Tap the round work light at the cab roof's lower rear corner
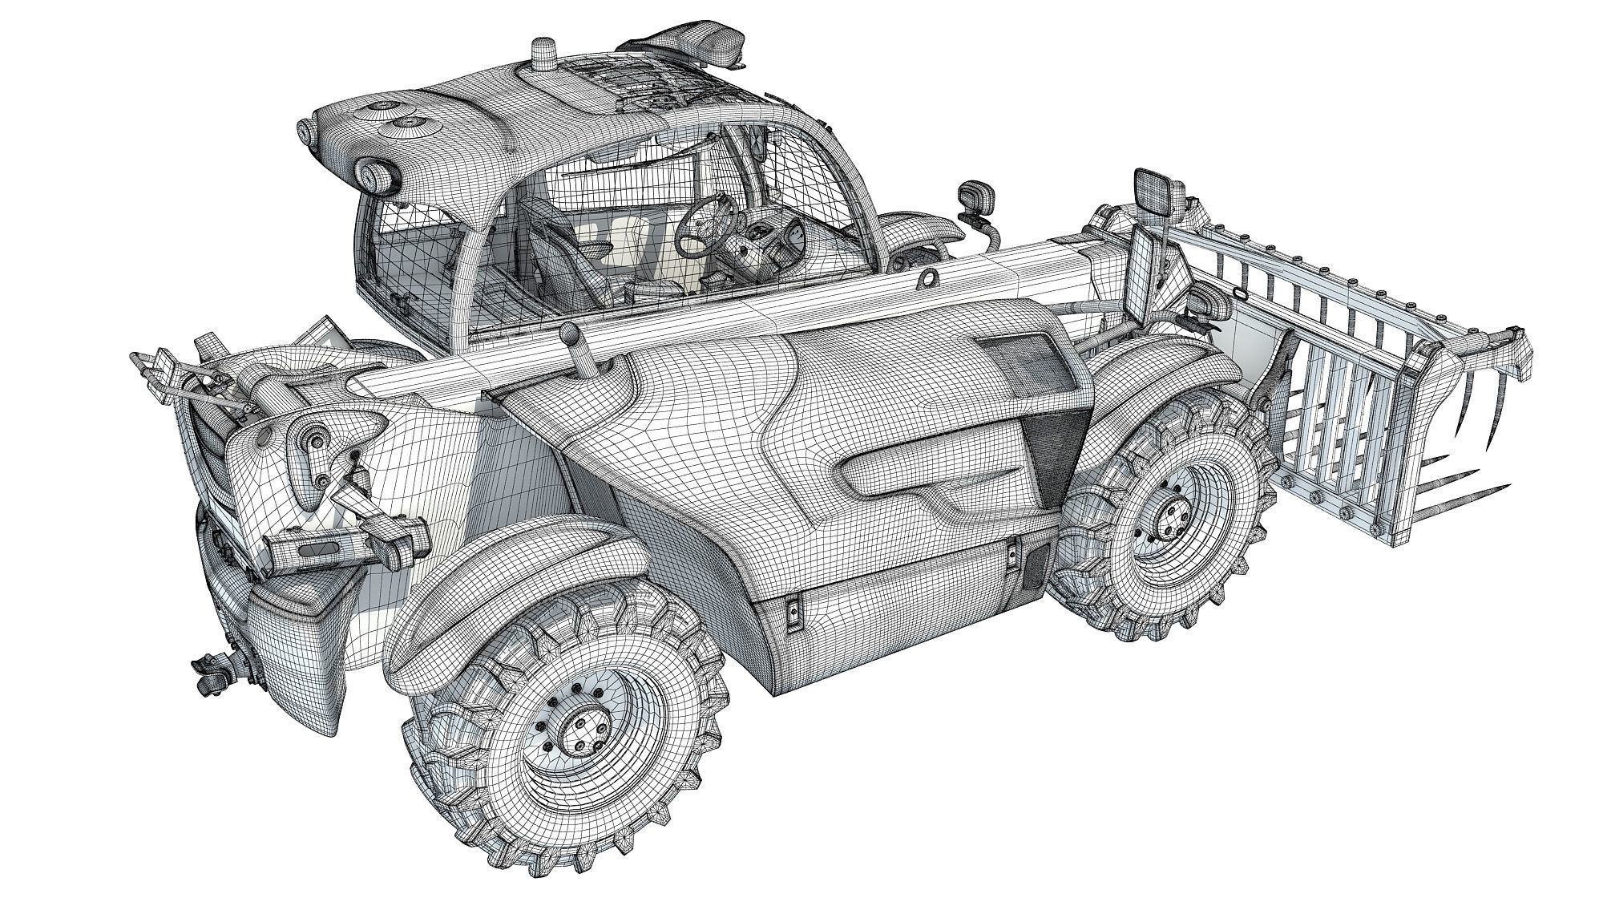tap(378, 177)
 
